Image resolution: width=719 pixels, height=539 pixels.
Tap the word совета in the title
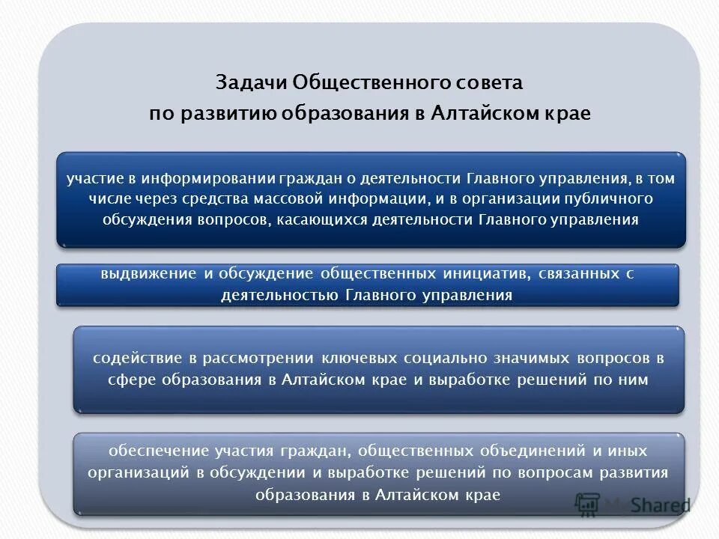click(x=490, y=82)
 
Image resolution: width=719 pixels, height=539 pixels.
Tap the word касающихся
click(x=343, y=219)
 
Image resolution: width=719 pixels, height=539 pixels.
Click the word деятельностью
click(x=280, y=295)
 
